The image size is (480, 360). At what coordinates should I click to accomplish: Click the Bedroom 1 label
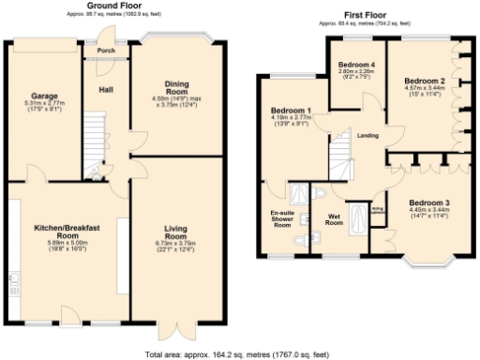290,111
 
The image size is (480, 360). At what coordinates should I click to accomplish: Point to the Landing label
367,136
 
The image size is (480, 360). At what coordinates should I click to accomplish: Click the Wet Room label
333,220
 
